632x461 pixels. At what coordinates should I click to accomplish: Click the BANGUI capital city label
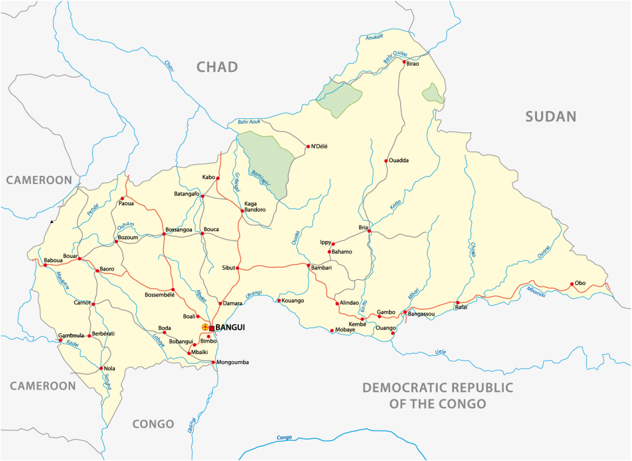230,328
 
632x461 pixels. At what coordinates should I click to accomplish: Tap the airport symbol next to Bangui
205,328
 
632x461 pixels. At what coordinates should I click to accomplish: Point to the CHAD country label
217,67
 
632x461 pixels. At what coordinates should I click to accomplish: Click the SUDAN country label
551,117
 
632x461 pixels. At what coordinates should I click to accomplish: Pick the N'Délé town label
319,146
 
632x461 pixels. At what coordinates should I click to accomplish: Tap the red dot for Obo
572,284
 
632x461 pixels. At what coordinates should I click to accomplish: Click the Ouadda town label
399,161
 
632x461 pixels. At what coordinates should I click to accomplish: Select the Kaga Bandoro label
255,206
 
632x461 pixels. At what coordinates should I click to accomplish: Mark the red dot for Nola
101,368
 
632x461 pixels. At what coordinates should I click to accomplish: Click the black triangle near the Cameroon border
52,222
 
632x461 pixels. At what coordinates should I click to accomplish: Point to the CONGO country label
153,424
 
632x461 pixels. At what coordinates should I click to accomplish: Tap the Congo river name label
284,437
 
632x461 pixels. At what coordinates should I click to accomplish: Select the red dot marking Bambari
308,265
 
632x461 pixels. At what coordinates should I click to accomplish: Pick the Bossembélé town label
159,295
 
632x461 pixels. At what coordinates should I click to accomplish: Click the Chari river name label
169,66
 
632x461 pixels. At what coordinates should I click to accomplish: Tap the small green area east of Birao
433,93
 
